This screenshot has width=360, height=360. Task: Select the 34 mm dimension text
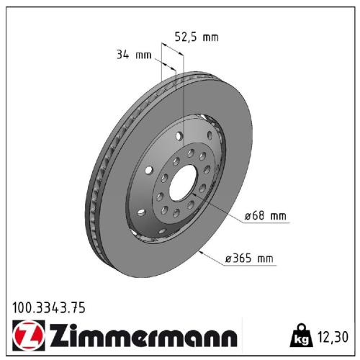(132, 55)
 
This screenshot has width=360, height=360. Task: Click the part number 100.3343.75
(49, 307)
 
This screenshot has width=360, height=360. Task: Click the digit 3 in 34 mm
(119, 55)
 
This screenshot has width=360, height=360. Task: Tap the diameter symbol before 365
(228, 258)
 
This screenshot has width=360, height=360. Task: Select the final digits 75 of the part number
(78, 307)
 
